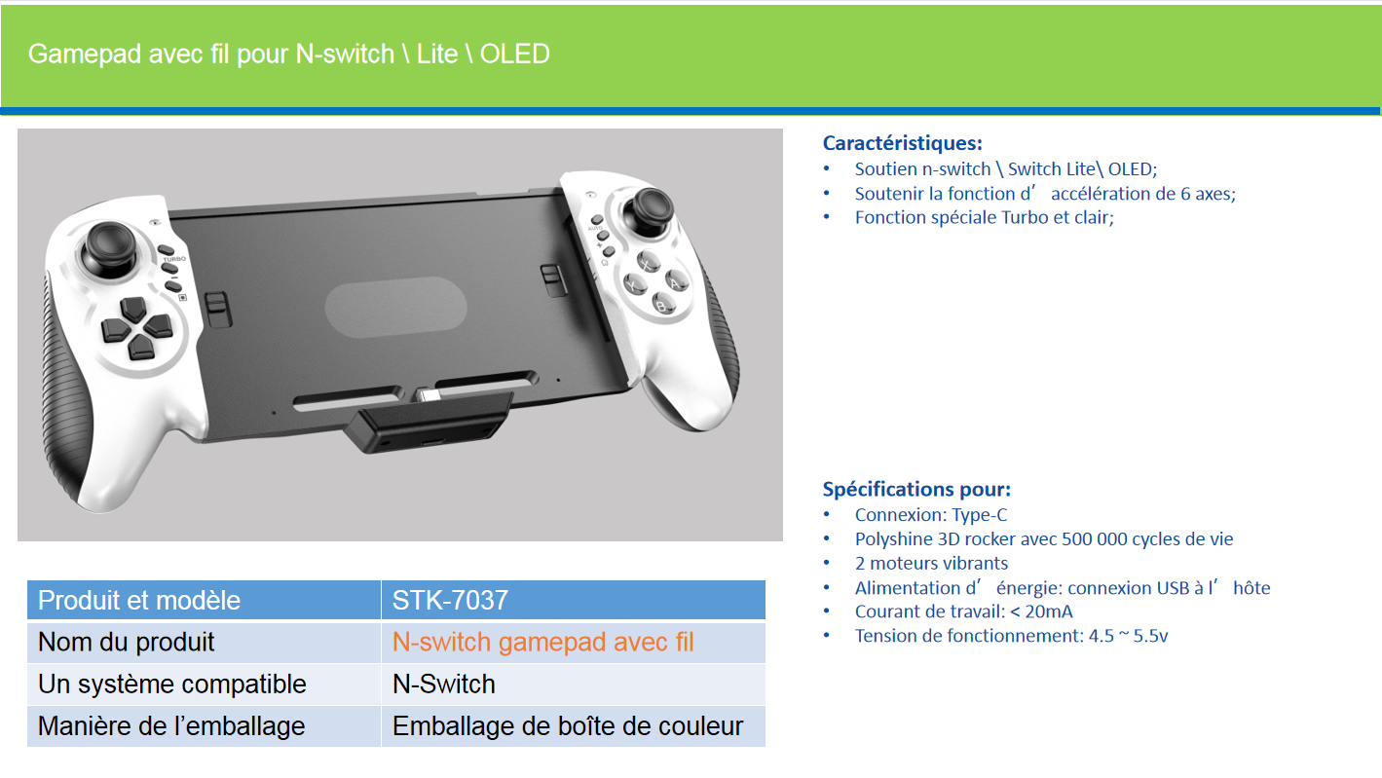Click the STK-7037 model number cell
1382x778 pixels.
(574, 600)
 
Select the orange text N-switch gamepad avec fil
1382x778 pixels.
(542, 643)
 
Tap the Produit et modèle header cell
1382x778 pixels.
(204, 600)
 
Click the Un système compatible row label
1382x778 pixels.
(172, 685)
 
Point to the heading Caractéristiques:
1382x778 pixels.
(902, 143)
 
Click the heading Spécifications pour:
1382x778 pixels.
(916, 489)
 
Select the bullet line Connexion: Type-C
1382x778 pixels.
(930, 514)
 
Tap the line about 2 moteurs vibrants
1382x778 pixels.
(931, 563)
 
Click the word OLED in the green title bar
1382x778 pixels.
(514, 54)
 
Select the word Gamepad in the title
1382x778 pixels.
(85, 55)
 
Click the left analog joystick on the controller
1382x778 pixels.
(109, 248)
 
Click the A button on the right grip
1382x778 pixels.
(676, 281)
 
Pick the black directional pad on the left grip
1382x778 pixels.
(135, 327)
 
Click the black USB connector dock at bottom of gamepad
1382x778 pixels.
(428, 423)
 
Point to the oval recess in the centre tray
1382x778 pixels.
(395, 308)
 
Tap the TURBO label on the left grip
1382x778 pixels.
(174, 259)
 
